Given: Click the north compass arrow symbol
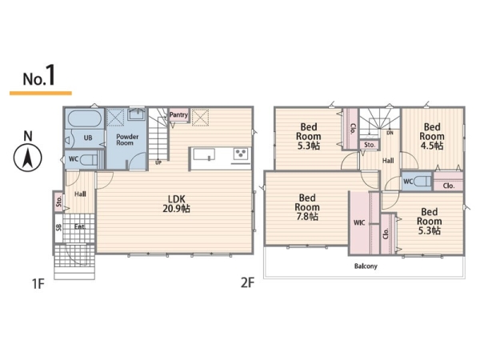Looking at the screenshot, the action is (27, 158).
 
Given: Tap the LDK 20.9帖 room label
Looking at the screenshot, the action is (176, 204).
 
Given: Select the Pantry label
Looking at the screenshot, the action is (178, 114).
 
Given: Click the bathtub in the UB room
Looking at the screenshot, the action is (85, 118).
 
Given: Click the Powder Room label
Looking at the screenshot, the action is (127, 139).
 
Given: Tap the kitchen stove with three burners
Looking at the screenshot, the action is (242, 154).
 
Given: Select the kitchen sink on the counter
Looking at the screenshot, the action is (204, 154).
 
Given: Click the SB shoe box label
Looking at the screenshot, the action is (58, 227).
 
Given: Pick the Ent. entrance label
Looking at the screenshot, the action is (80, 227).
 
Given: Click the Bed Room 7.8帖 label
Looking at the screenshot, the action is (307, 207).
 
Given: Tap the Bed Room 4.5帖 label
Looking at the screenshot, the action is (432, 136).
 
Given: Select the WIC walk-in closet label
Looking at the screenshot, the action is (359, 222).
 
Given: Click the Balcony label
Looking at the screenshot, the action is (366, 266).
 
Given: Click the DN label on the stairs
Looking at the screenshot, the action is (390, 133).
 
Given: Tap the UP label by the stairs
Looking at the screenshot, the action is (158, 162).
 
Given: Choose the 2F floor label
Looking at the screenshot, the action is (247, 283).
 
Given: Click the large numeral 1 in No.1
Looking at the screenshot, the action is (50, 74).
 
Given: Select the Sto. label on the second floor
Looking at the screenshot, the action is (370, 145).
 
